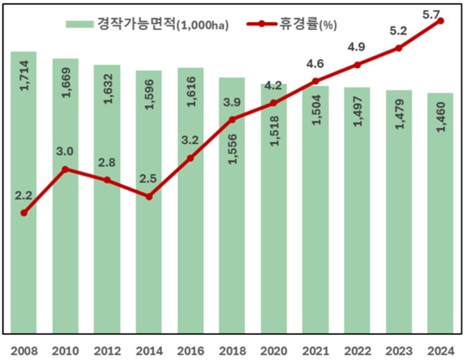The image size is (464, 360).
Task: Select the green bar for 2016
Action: (190, 258)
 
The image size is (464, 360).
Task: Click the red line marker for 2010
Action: (66, 169)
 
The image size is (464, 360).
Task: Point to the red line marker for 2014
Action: (149, 197)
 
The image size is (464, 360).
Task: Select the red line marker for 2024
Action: (441, 21)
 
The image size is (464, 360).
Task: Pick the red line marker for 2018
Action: (232, 119)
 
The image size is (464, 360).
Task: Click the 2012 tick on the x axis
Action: (107, 351)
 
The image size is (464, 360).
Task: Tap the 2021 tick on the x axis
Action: (315, 351)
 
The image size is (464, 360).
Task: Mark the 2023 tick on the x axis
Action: (399, 351)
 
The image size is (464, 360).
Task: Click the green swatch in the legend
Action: (79, 25)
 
